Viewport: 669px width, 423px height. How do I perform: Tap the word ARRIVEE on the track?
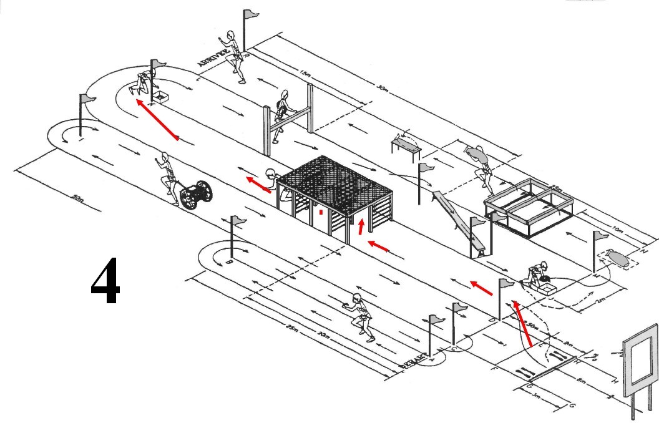pyautogui.click(x=214, y=60)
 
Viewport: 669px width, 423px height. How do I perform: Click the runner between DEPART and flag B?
pyautogui.click(x=360, y=316)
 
